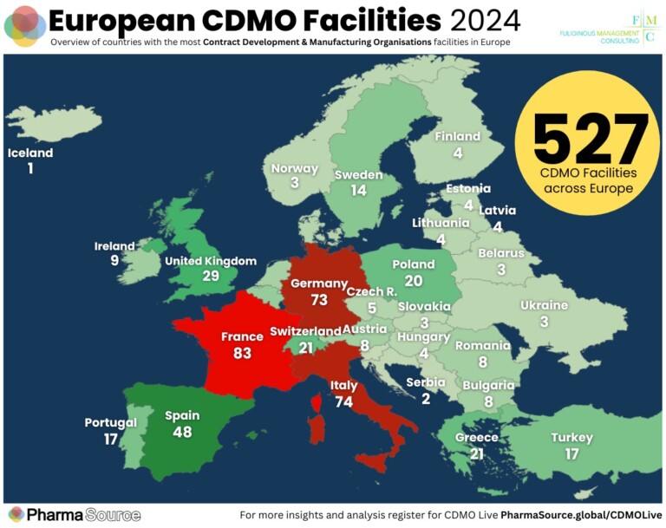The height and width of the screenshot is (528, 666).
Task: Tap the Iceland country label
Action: pyautogui.click(x=30, y=153)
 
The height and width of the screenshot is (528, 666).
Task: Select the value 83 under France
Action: pyautogui.click(x=242, y=354)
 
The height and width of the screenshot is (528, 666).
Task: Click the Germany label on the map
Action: pyautogui.click(x=318, y=284)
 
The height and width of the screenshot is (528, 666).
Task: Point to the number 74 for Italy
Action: pyautogui.click(x=343, y=402)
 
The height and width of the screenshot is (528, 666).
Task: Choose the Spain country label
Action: pyautogui.click(x=182, y=415)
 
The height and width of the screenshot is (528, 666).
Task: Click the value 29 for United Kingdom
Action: pyautogui.click(x=211, y=277)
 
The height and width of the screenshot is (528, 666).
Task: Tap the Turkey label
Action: pyautogui.click(x=572, y=437)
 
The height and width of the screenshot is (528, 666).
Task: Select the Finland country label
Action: pyautogui.click(x=457, y=137)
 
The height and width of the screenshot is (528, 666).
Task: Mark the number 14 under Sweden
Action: pyautogui.click(x=358, y=191)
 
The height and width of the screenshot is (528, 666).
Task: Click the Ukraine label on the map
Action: pyautogui.click(x=544, y=305)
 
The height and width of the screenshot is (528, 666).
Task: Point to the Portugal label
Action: pyautogui.click(x=110, y=423)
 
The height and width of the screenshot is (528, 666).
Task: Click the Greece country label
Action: pyautogui.click(x=477, y=438)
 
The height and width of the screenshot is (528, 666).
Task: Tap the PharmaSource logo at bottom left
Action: pyautogui.click(x=73, y=514)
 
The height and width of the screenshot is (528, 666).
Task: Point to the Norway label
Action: pyautogui.click(x=295, y=169)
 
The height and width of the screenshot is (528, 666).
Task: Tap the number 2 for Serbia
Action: pyautogui.click(x=426, y=399)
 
